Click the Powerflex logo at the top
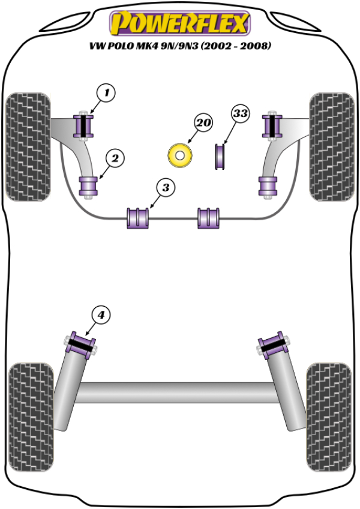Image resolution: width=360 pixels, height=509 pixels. tap(179, 23)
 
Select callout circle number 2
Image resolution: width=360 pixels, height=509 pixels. tap(115, 158)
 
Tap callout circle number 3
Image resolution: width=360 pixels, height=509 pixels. tap(166, 188)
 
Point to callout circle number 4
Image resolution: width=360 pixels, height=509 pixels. tap(101, 315)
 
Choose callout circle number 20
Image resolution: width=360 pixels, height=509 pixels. tap(203, 123)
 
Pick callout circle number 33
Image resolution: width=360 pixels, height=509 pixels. tap(241, 113)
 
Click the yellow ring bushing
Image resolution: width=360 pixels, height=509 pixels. tap(179, 156)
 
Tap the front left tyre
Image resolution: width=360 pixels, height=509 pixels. tap(28, 146)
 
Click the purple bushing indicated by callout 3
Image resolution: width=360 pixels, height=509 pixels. tap(138, 218)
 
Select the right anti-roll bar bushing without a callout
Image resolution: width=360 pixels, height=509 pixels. tap(209, 218)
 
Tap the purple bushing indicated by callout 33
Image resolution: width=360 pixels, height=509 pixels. tap(220, 157)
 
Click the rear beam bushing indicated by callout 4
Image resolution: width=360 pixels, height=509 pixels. tap(80, 345)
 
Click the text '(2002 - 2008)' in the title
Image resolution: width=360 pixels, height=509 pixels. tap(236, 46)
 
